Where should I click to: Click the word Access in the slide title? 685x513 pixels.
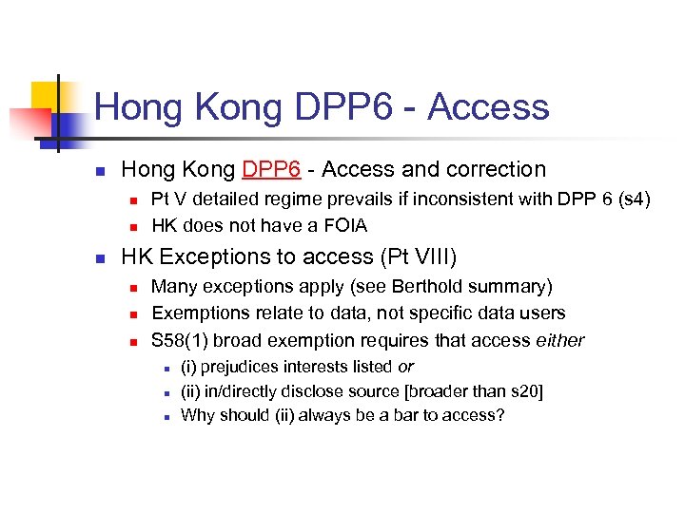pyautogui.click(x=488, y=107)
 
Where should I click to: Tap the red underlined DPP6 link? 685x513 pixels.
pyautogui.click(x=272, y=170)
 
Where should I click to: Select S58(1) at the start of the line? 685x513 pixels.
pyautogui.click(x=182, y=340)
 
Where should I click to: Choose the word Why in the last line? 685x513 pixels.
pyautogui.click(x=197, y=415)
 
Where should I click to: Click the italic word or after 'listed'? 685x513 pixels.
pyautogui.click(x=405, y=367)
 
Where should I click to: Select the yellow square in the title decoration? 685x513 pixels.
pyautogui.click(x=48, y=96)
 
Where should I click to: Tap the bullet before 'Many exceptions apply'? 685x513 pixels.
pyautogui.click(x=133, y=287)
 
